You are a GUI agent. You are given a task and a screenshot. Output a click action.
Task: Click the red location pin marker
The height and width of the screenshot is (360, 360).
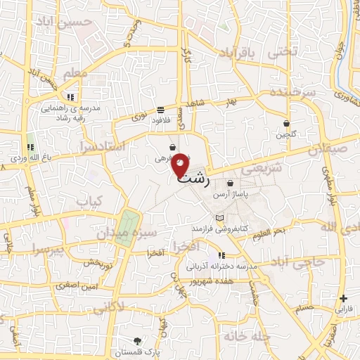pos(181,165)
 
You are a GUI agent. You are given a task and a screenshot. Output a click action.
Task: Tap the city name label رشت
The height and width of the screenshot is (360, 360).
pos(196,179)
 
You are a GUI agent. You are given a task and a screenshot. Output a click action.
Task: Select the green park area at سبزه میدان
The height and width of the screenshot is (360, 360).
pos(127,227)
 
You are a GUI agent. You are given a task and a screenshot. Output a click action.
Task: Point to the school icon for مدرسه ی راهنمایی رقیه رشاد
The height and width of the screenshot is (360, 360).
pos(70,97)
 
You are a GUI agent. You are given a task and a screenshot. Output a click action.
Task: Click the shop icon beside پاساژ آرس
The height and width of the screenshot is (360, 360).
pos(229,184)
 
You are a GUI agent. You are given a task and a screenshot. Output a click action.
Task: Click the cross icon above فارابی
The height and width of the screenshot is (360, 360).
pos(342,298)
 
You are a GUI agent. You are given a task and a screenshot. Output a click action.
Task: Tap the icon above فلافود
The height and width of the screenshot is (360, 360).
pos(161,110)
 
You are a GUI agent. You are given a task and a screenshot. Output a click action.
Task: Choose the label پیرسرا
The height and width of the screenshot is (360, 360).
pos(48,250)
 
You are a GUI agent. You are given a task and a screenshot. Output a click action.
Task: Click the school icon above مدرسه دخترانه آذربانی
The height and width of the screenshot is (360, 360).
pos(222,255)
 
